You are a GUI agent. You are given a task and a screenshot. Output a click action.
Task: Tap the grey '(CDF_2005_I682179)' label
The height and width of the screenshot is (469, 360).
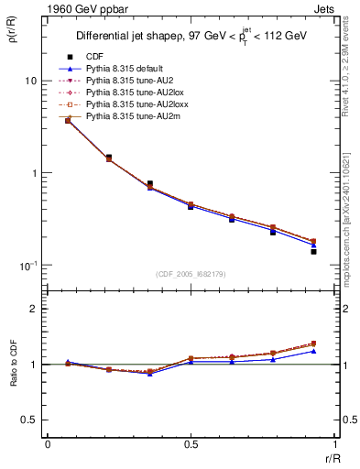(x=190, y=272)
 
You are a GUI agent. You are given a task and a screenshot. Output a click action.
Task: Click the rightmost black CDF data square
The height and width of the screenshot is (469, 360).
(x=313, y=251)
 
